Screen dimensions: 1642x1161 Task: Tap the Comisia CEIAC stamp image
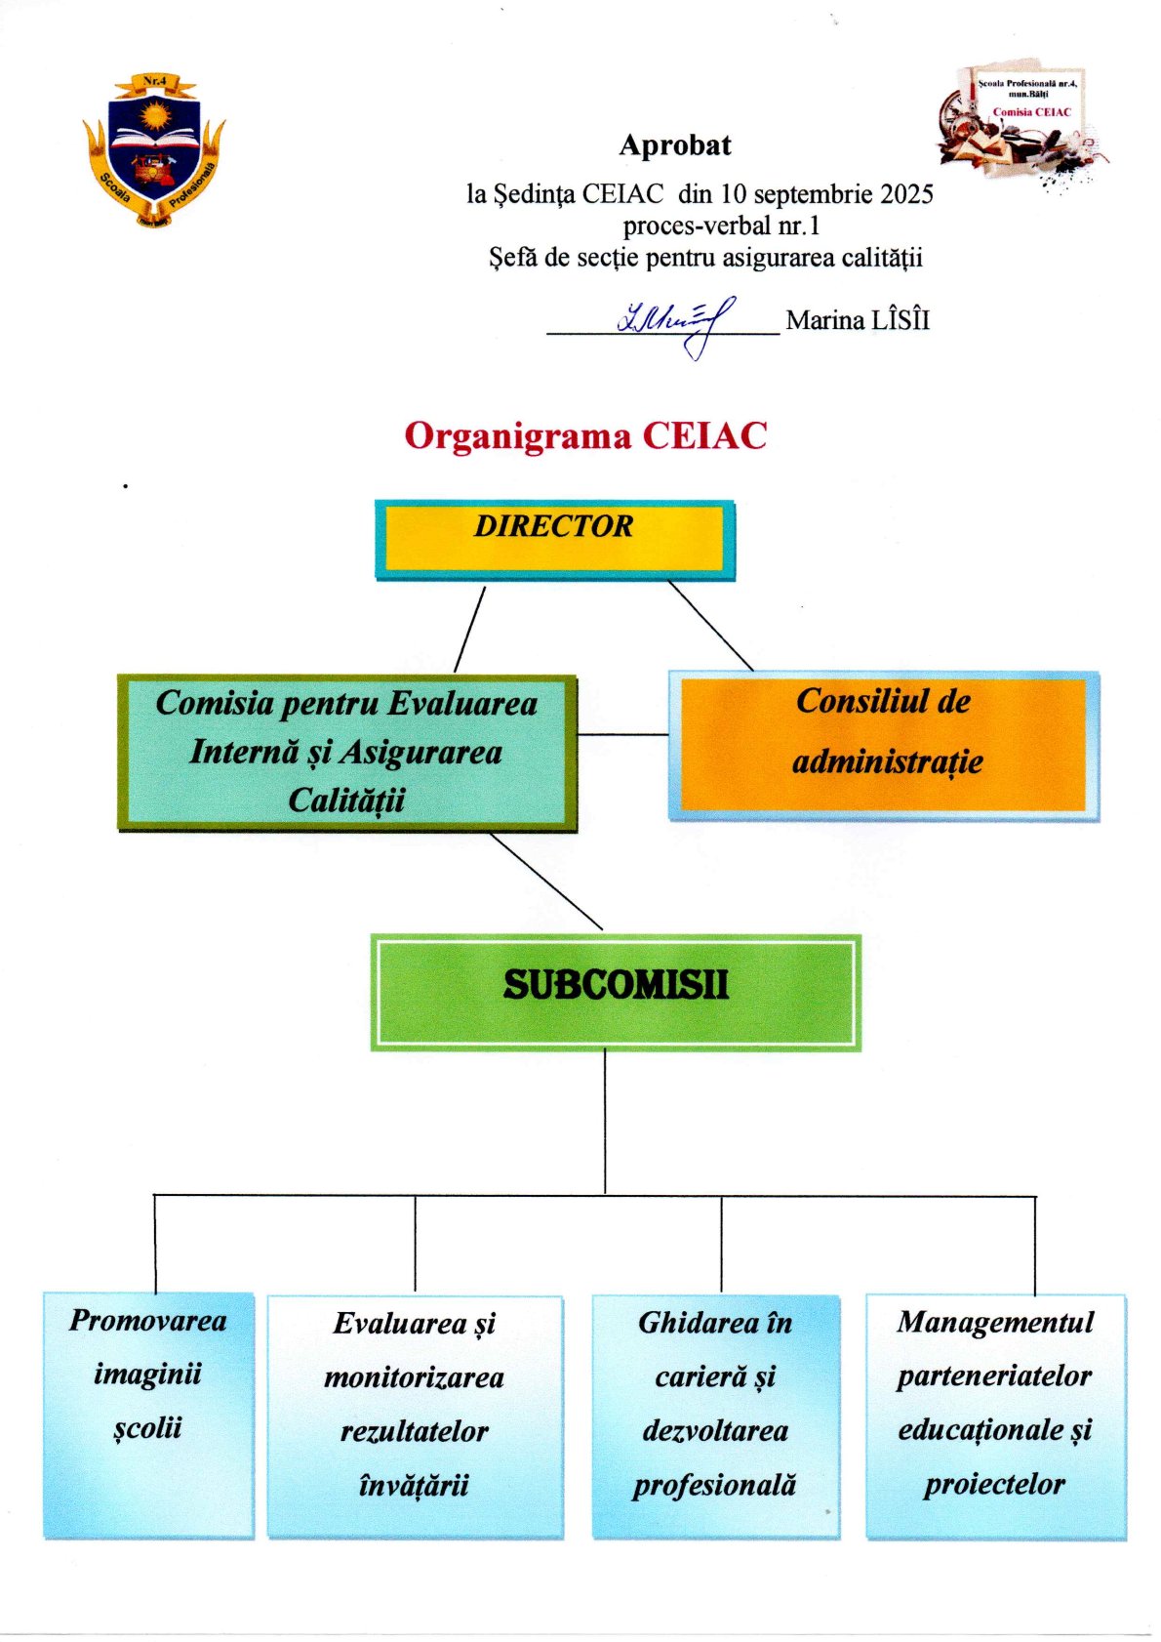click(1022, 122)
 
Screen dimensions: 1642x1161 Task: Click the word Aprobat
click(675, 145)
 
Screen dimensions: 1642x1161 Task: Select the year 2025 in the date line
click(906, 194)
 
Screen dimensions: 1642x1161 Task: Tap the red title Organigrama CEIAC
click(585, 435)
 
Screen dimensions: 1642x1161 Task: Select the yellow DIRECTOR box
click(554, 540)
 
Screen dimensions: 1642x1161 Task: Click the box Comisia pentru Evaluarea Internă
click(346, 752)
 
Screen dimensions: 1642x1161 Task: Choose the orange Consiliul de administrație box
click(883, 745)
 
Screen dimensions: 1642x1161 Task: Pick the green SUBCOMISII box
click(616, 992)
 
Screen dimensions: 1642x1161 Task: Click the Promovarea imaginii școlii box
click(148, 1416)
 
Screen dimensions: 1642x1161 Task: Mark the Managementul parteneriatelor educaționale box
click(995, 1416)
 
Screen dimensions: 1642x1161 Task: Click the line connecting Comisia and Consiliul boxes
click(622, 734)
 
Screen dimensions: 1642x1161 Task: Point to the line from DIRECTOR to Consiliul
click(710, 626)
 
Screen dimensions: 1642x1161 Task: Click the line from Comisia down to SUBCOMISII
click(546, 882)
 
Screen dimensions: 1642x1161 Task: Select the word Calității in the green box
click(346, 801)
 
